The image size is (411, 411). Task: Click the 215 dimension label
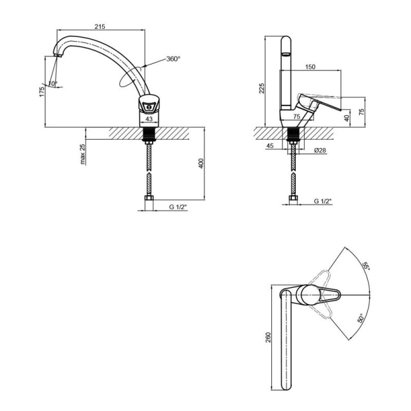(x=100, y=26)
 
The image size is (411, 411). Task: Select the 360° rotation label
(x=173, y=59)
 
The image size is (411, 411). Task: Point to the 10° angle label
(x=53, y=83)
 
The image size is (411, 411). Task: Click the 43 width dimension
(x=149, y=119)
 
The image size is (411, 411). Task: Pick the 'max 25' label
(x=83, y=154)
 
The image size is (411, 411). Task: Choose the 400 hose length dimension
(x=201, y=163)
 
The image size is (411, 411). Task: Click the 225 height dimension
(x=261, y=88)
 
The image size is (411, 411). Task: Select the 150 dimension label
(x=310, y=67)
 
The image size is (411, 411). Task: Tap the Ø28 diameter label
(x=320, y=150)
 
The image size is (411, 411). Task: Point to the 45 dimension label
(x=270, y=145)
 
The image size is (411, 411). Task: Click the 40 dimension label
(x=347, y=118)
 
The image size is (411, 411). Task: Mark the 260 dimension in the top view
(x=268, y=337)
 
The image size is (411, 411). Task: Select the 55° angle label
(x=366, y=266)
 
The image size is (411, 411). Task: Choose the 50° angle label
(x=361, y=318)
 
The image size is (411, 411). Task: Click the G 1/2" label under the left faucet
(x=178, y=207)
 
